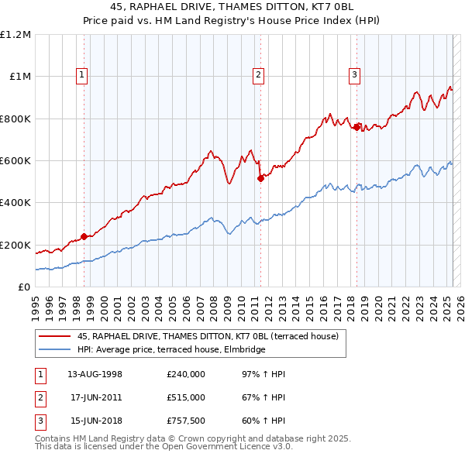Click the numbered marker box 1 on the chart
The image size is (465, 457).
[x=82, y=75]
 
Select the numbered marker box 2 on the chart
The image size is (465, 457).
[x=258, y=75]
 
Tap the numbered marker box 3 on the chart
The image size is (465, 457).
[x=354, y=75]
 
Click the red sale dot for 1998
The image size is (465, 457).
[x=84, y=237]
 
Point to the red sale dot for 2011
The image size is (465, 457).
[x=260, y=179]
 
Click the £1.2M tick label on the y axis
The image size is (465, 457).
[x=15, y=35]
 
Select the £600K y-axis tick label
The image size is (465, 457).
[x=15, y=161]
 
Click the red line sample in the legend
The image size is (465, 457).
[x=55, y=337]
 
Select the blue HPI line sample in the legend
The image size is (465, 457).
[x=55, y=350]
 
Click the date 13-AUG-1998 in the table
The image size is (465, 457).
[x=95, y=374]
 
